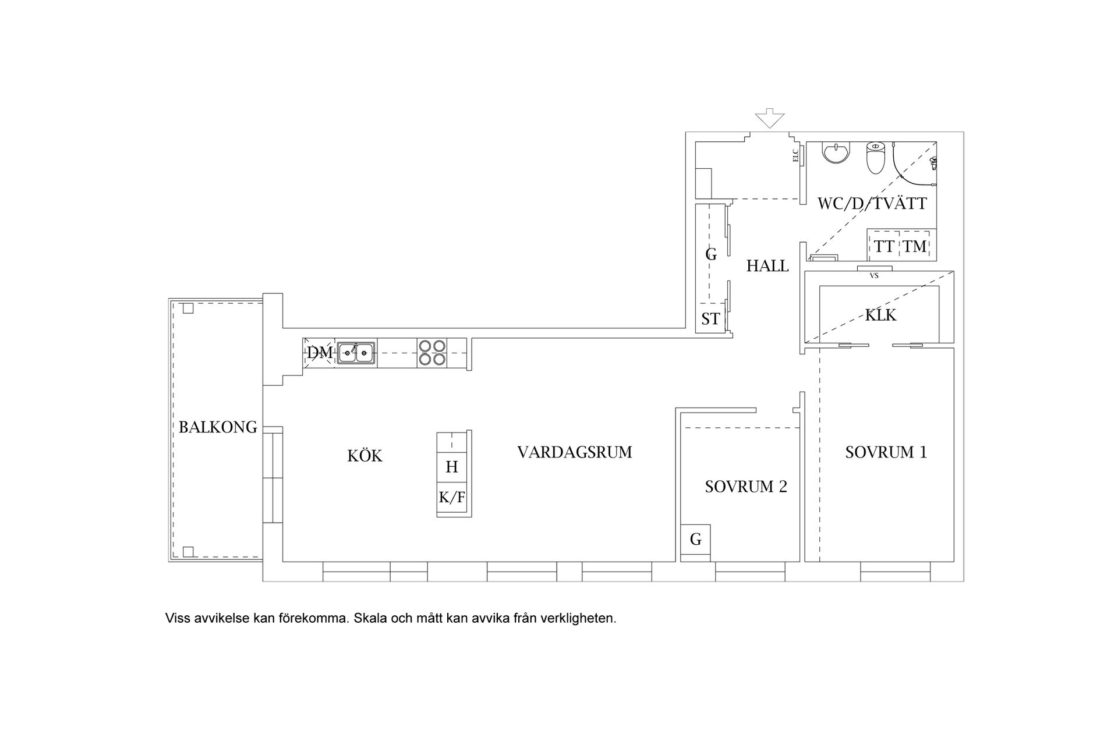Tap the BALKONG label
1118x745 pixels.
click(x=218, y=427)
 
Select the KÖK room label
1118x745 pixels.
click(x=365, y=455)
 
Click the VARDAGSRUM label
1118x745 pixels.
click(x=575, y=452)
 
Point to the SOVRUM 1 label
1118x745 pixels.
click(x=886, y=452)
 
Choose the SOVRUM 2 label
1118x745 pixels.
click(x=746, y=487)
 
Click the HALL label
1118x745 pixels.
click(x=767, y=266)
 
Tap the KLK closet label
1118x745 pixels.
click(x=880, y=315)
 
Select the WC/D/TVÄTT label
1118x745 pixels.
click(x=872, y=204)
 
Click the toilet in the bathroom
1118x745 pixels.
click(x=876, y=158)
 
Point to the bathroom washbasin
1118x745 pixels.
click(x=837, y=153)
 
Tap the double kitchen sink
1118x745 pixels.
click(x=356, y=352)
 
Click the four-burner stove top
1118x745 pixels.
click(x=431, y=353)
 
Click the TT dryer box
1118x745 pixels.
click(x=884, y=246)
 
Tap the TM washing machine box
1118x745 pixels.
click(x=915, y=246)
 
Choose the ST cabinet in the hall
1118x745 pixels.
click(x=710, y=318)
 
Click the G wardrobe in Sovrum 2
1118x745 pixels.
click(x=695, y=540)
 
